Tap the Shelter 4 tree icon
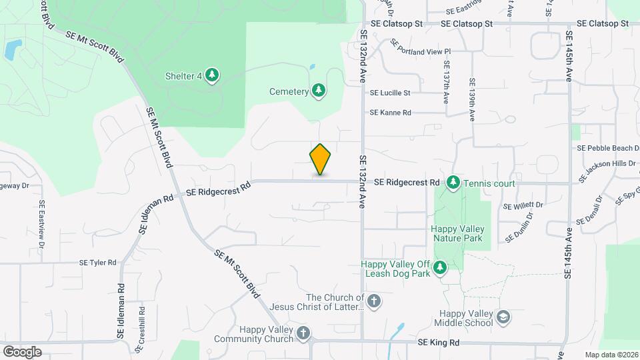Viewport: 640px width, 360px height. (212, 75)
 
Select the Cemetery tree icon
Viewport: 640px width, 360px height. (319, 91)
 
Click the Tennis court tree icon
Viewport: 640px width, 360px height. (453, 182)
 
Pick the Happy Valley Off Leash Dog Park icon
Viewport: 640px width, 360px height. (440, 268)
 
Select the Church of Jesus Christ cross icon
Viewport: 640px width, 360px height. (374, 301)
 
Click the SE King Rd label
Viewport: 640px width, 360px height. (439, 342)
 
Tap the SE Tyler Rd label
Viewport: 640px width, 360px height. (98, 263)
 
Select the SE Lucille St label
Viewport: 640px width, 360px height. (390, 93)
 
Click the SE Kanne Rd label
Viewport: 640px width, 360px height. (391, 113)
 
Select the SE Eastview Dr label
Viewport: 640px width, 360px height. (41, 224)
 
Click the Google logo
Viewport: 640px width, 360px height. (22, 351)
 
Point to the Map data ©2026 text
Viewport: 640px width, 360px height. (611, 355)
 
